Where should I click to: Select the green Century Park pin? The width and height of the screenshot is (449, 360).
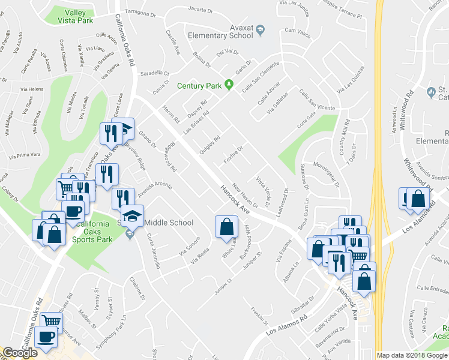[x=229, y=85]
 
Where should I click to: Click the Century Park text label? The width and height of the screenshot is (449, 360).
[x=199, y=86]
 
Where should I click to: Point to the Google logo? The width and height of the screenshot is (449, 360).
[x=20, y=353]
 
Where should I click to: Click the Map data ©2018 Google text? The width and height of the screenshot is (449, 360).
[x=412, y=355]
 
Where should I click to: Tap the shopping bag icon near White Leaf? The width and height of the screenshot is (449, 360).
[x=226, y=227]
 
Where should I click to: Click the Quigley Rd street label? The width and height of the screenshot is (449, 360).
[x=209, y=145]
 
